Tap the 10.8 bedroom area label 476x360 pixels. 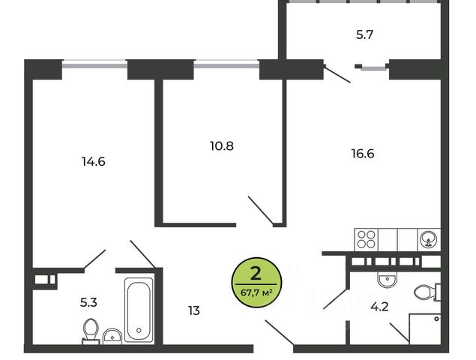[x=221, y=145]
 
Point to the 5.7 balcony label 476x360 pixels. [x=365, y=34]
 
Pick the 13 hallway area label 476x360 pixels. [x=193, y=309]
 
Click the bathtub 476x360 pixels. [x=139, y=309]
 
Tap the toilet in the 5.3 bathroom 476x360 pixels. [x=91, y=330]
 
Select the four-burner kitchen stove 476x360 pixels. [x=367, y=239]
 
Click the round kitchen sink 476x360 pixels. [x=428, y=239]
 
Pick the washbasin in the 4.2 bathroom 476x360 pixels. [x=387, y=280]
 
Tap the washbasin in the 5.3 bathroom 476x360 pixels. [x=112, y=335]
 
